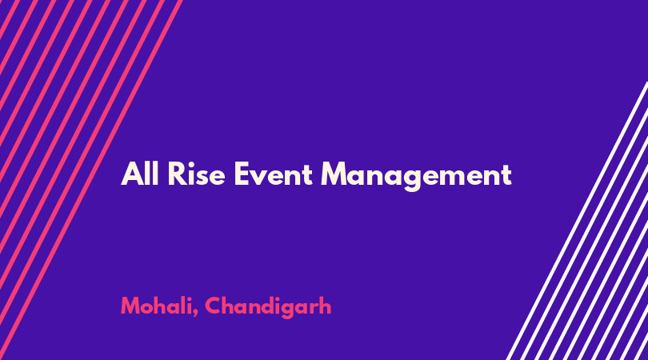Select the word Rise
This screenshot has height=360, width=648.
coord(196,174)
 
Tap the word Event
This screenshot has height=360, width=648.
coord(273,174)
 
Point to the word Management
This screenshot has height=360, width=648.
coord(417,177)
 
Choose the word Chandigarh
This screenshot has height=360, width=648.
coord(268,307)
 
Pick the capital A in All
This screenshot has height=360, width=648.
coord(132,174)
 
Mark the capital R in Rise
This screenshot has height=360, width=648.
coord(178,174)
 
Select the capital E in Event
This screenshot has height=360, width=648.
coord(242,174)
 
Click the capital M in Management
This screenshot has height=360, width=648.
coord(334,174)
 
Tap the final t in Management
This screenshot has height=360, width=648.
coord(506,175)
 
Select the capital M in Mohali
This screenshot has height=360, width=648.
coord(132,306)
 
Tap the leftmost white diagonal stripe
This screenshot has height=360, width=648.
coord(578,221)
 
